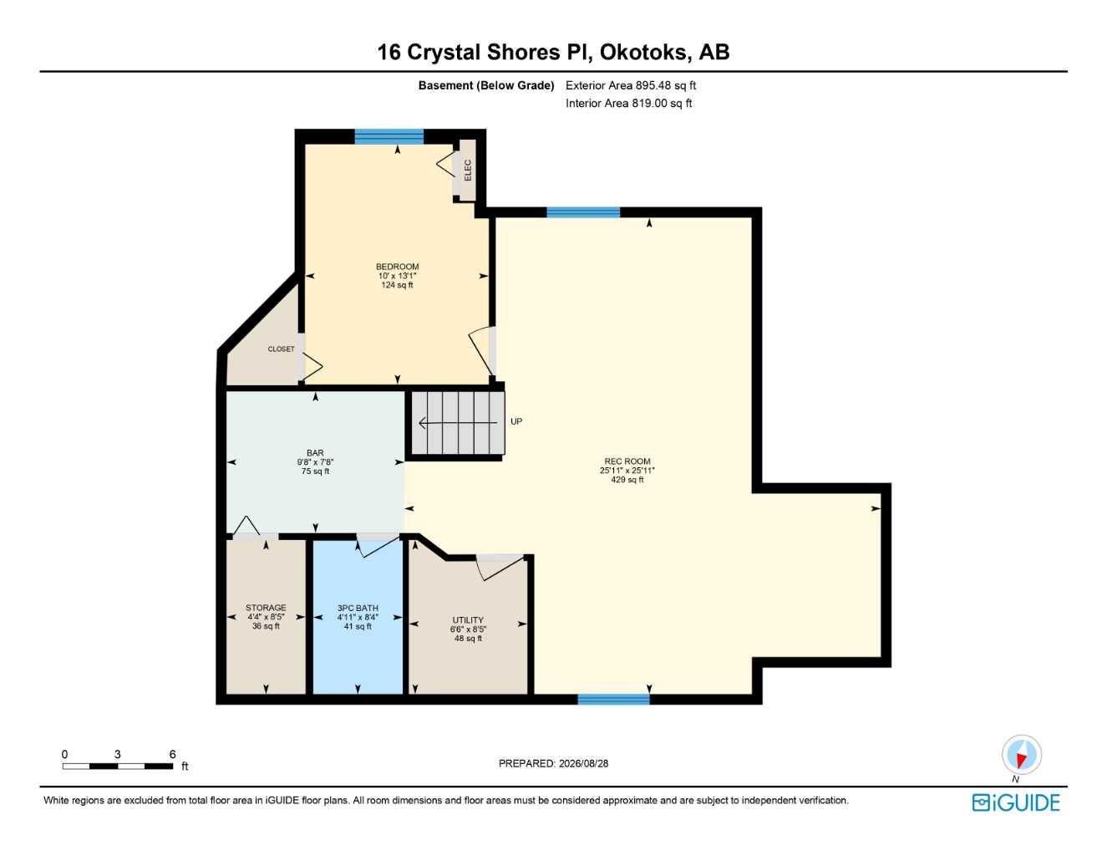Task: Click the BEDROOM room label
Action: [x=398, y=267]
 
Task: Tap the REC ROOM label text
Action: [x=627, y=461]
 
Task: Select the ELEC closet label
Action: [x=468, y=171]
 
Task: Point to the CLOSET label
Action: [x=282, y=349]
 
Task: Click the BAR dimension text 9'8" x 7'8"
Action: [x=315, y=462]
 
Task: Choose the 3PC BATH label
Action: [x=358, y=608]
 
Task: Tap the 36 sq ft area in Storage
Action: [x=266, y=625]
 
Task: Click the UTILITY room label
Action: [x=468, y=620]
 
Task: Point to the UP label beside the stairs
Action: [x=516, y=421]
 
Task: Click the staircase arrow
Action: [x=458, y=423]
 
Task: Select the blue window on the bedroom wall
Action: [x=389, y=136]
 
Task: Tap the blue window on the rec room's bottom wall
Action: [x=613, y=699]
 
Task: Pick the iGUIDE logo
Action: [x=1016, y=803]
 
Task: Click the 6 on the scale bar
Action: [x=172, y=754]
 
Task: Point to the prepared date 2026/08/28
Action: [x=583, y=763]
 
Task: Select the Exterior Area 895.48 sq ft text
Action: [x=631, y=85]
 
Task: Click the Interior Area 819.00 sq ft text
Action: [x=628, y=104]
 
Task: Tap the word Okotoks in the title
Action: [x=643, y=52]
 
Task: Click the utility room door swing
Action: [x=502, y=567]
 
